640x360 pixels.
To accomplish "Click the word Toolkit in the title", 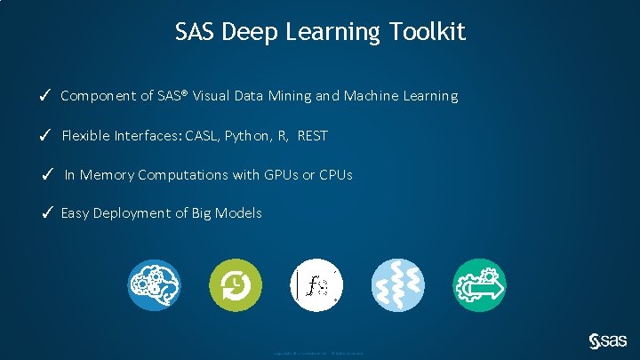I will pyautogui.click(x=428, y=33).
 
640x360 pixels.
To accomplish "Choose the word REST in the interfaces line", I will pyautogui.click(x=312, y=136).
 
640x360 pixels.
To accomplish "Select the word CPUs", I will pyautogui.click(x=334, y=175).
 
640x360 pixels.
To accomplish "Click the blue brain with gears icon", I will pyautogui.click(x=154, y=285).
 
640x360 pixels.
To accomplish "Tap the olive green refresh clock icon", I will pyautogui.click(x=236, y=285).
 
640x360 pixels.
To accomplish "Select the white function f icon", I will pyautogui.click(x=317, y=285).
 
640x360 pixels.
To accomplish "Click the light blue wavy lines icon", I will pyautogui.click(x=398, y=285).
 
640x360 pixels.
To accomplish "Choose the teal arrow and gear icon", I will pyautogui.click(x=480, y=285).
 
